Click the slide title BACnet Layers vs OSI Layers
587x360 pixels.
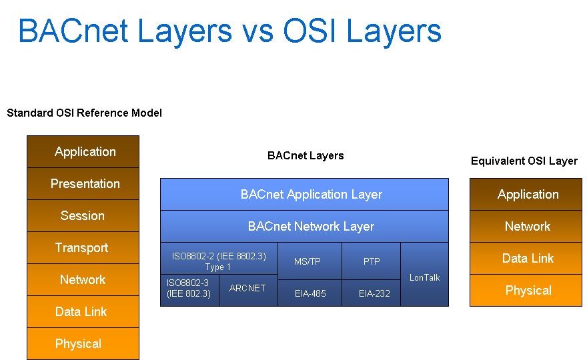coord(229,31)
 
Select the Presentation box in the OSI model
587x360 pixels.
coord(83,184)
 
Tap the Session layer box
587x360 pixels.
coord(83,216)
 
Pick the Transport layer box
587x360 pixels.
coord(83,248)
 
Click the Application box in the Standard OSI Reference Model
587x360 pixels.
coord(83,152)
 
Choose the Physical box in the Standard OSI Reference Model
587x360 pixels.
coord(83,344)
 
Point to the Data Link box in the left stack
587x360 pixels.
coord(83,312)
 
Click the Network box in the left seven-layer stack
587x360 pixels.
coord(83,280)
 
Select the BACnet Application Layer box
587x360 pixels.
coord(304,195)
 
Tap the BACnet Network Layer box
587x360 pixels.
coord(304,227)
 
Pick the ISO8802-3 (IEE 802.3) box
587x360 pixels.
coord(189,290)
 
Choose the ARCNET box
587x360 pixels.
coord(247,290)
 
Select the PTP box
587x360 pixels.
coord(371,261)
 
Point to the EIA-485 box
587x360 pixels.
coord(310,293)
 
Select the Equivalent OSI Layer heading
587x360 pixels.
coord(524,161)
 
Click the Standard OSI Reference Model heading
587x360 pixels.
coord(84,113)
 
